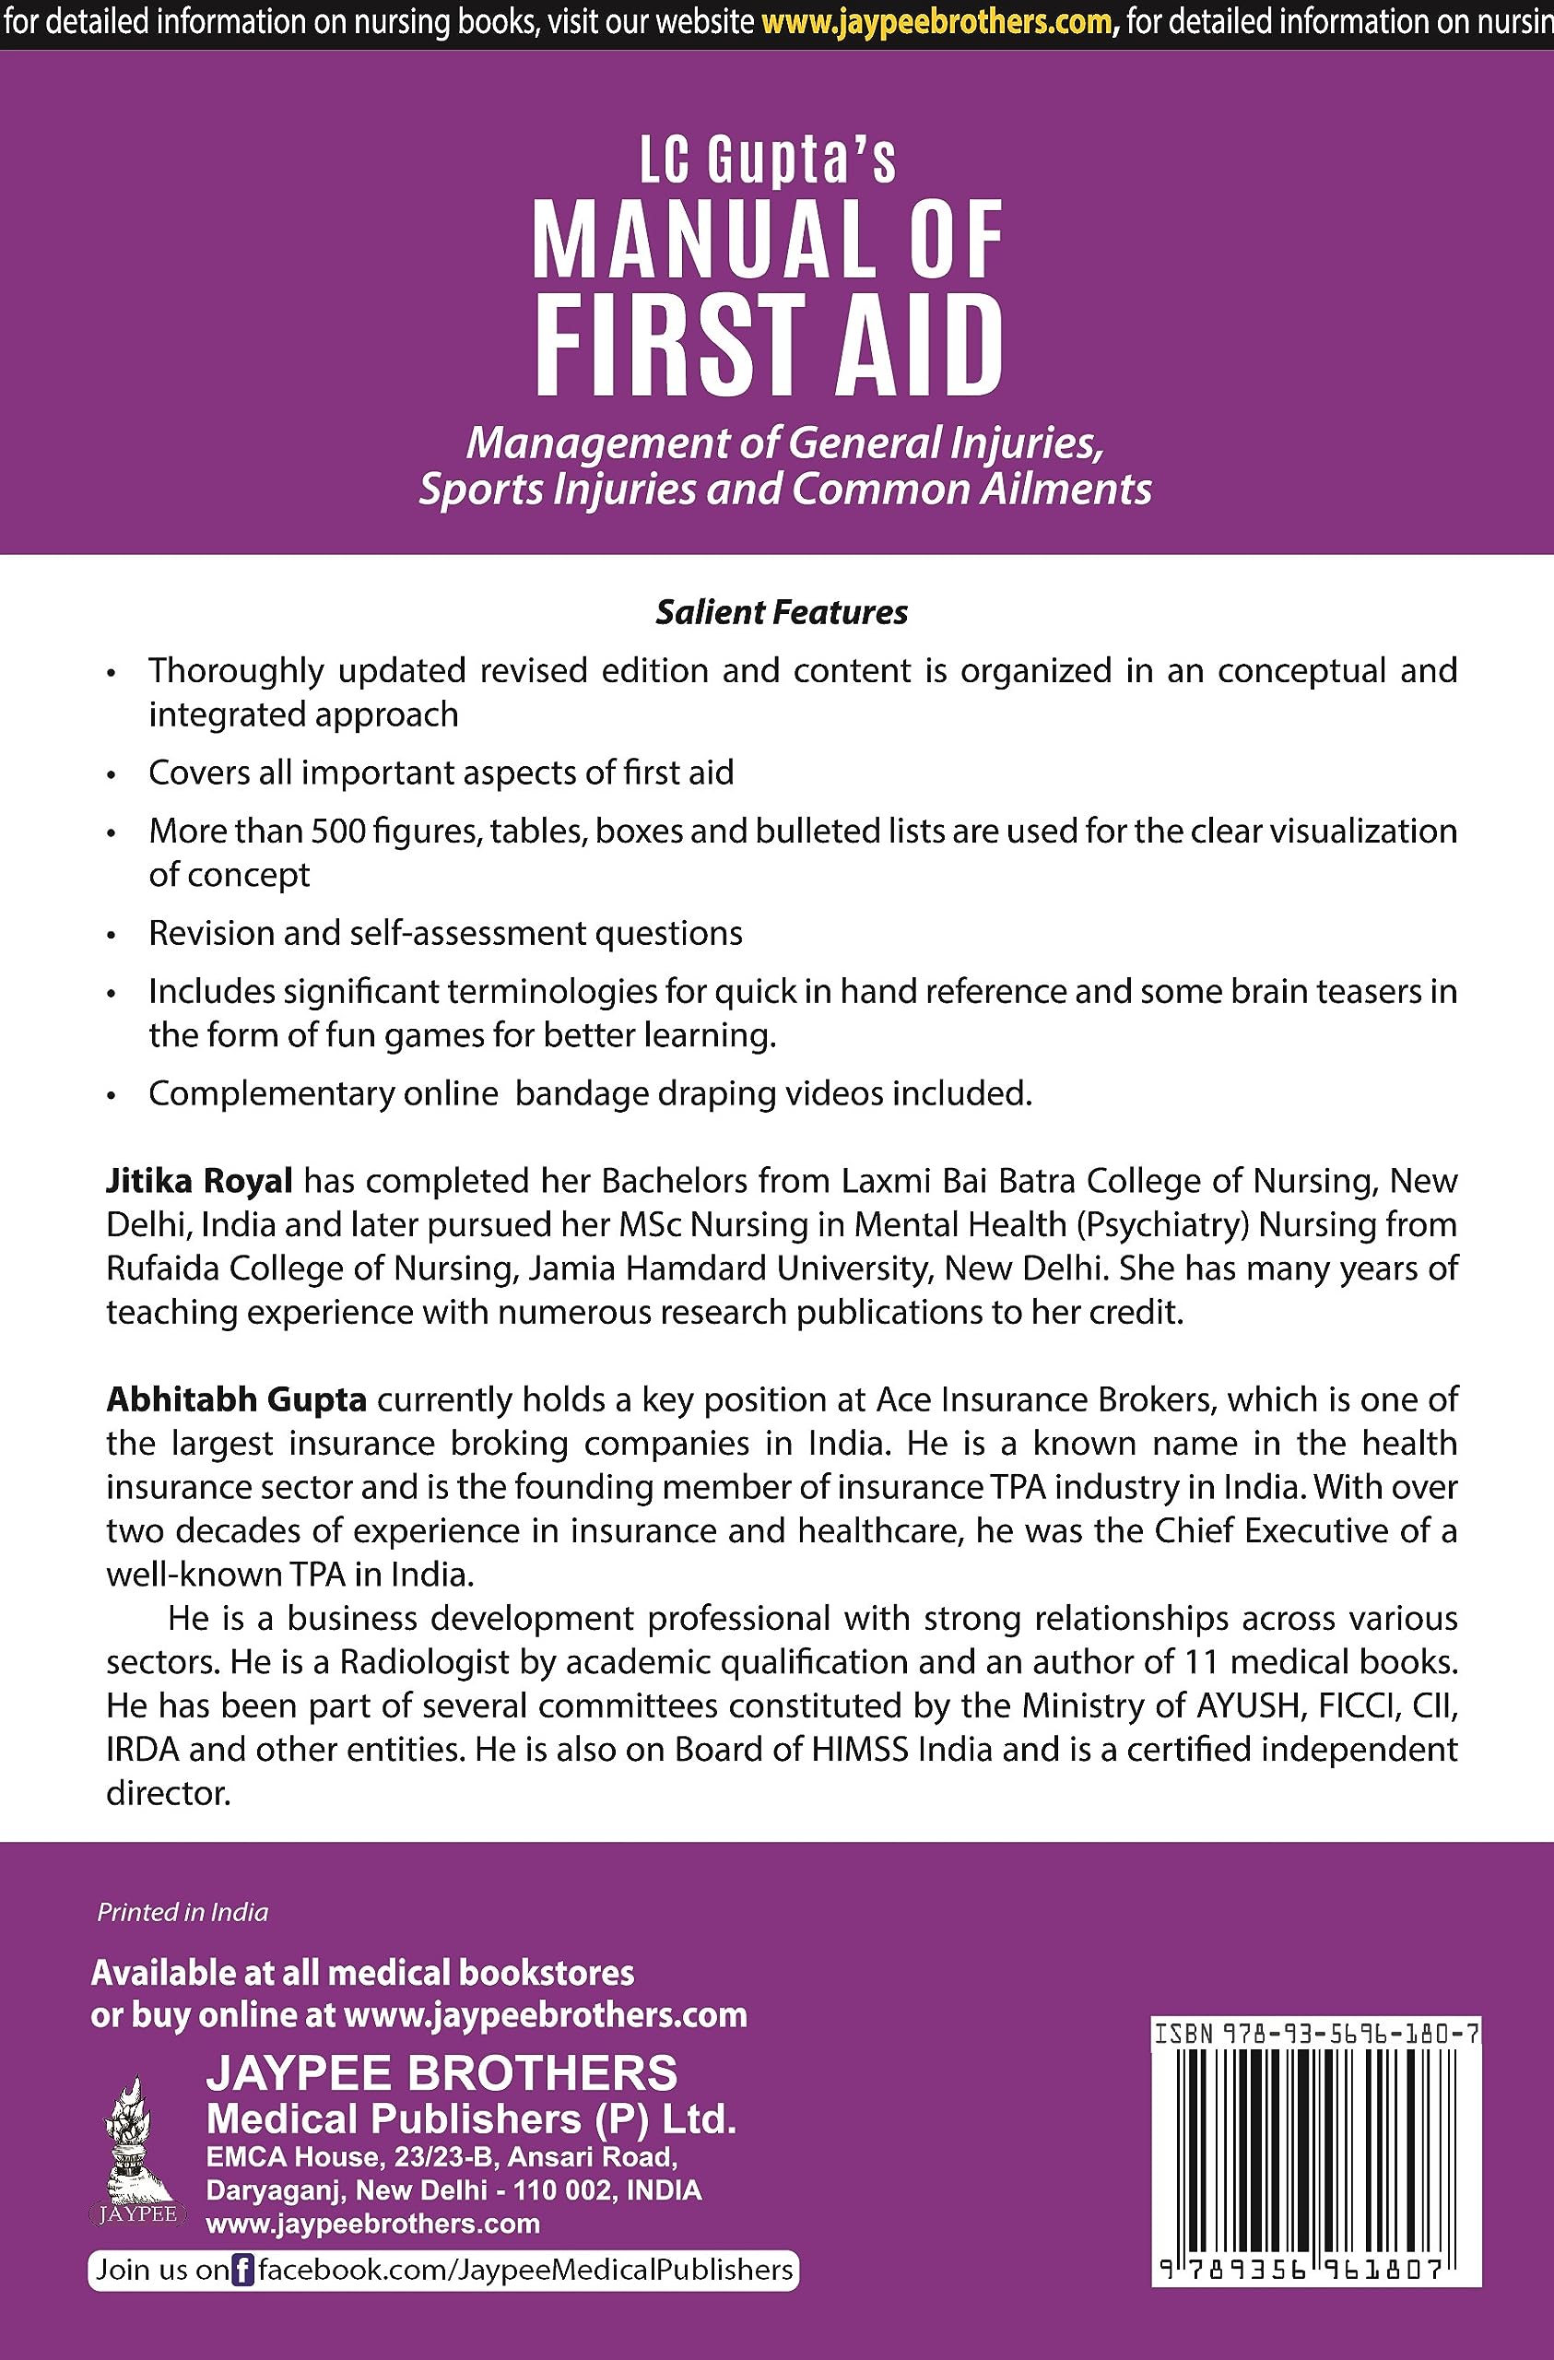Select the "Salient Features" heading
coord(782,613)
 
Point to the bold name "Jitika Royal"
coord(199,1181)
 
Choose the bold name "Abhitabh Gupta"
coord(237,1399)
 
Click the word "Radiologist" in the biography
coord(449,1661)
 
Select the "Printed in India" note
coord(182,1913)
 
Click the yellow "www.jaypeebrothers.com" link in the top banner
coord(936,23)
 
